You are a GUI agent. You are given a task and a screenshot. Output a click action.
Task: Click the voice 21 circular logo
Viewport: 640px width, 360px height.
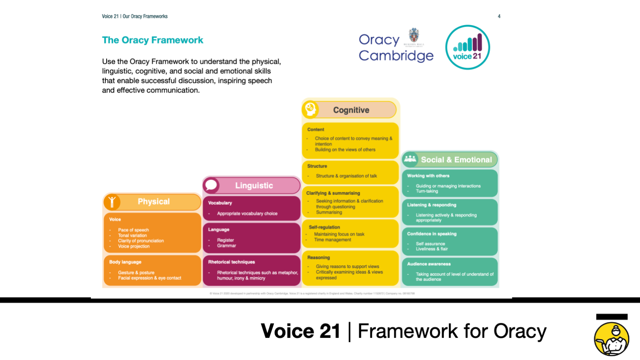[x=468, y=47]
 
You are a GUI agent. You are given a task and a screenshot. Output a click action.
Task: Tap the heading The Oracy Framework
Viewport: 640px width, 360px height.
[x=152, y=40]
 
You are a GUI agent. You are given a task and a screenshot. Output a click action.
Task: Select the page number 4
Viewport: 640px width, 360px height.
[x=499, y=16]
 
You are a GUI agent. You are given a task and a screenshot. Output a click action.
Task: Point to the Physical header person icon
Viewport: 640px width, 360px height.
[x=112, y=202]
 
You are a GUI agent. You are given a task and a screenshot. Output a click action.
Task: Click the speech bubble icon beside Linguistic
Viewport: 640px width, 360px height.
[x=211, y=186]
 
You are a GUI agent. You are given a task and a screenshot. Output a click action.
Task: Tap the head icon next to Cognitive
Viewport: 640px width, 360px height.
[x=310, y=110]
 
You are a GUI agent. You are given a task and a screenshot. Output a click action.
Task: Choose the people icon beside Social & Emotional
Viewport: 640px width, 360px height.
[x=410, y=159]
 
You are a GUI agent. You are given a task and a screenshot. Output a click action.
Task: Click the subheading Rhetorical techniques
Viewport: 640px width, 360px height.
[x=231, y=262]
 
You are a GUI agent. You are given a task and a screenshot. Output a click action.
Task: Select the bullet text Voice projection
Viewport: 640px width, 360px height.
[x=134, y=246]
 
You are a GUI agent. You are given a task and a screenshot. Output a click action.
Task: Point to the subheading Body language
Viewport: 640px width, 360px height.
[x=125, y=262]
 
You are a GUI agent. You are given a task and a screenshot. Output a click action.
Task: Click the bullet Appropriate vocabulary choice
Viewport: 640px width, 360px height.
[x=247, y=214]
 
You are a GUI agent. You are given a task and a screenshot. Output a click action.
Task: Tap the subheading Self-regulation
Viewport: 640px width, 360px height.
[x=324, y=227]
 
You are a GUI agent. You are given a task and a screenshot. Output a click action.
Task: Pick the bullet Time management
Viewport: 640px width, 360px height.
[x=333, y=240]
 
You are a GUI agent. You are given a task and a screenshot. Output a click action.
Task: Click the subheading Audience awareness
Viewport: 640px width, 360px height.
[x=428, y=264]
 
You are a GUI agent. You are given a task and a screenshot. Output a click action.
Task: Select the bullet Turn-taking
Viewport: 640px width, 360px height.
[x=427, y=191]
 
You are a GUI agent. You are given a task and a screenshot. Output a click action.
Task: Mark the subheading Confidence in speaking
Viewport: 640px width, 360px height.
[x=431, y=234]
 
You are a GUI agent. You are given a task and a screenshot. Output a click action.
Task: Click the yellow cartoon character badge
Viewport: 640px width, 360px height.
[x=611, y=339]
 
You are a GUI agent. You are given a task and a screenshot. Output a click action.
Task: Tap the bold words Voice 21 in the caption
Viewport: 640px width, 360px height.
[x=300, y=331]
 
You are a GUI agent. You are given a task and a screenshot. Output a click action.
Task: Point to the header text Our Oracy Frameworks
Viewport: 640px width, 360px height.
[x=145, y=16]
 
